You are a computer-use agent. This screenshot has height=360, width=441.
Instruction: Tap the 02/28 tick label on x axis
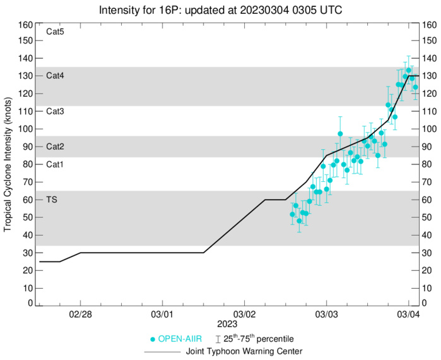81,313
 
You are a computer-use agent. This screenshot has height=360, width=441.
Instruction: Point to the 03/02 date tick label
244,313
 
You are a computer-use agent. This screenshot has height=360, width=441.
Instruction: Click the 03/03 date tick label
326,313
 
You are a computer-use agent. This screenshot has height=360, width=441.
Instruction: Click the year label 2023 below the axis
244,323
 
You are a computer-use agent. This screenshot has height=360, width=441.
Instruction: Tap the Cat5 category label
56,32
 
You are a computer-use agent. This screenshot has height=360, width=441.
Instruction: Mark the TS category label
52,200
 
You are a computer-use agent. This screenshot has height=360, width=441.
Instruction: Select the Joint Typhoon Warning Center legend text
244,351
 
